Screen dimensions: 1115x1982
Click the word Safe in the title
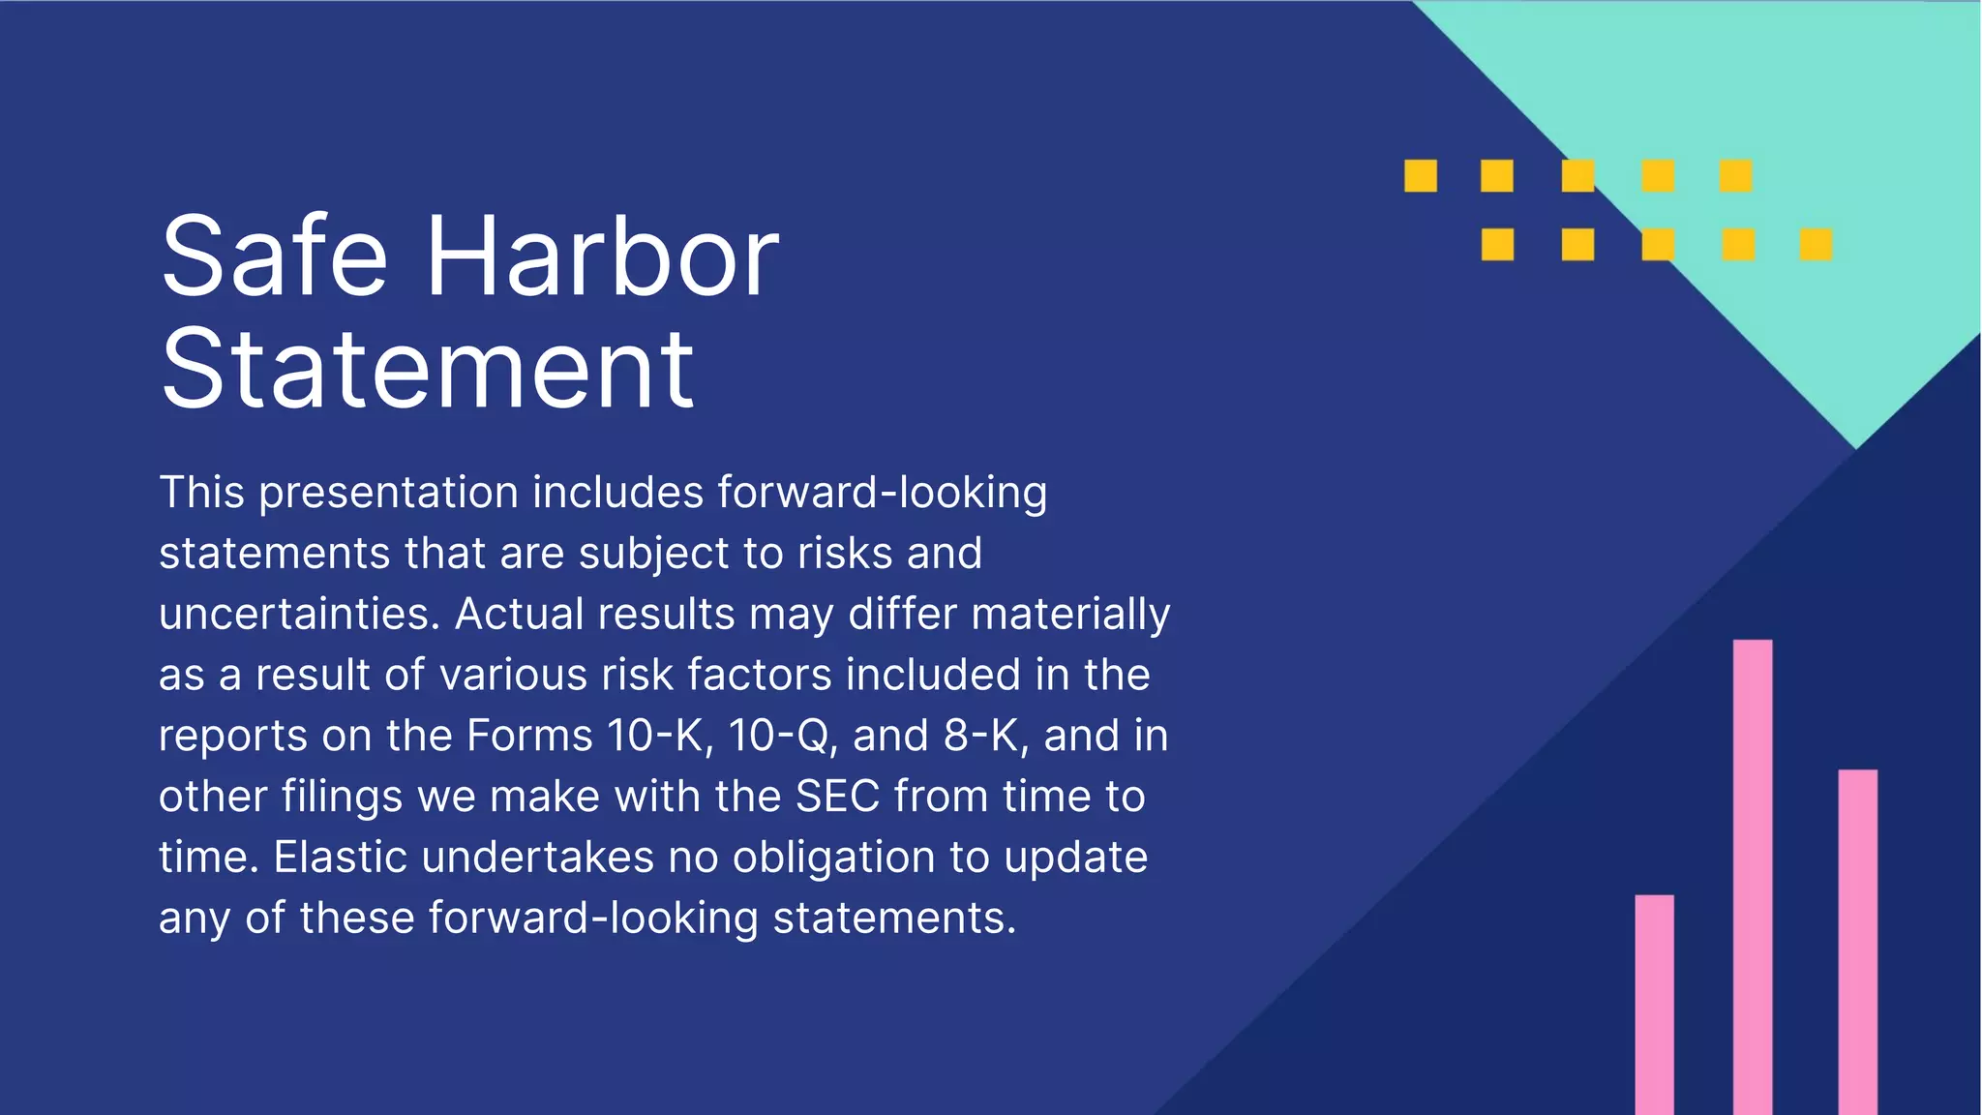274,256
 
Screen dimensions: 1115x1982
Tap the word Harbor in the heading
602,256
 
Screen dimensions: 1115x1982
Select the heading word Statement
427,370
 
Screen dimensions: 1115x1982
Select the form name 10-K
660,736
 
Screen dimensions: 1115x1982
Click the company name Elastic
341,858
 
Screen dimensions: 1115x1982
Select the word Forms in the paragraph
528,736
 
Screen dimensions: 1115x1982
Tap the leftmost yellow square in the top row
1421,176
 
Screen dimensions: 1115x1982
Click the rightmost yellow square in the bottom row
1816,245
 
